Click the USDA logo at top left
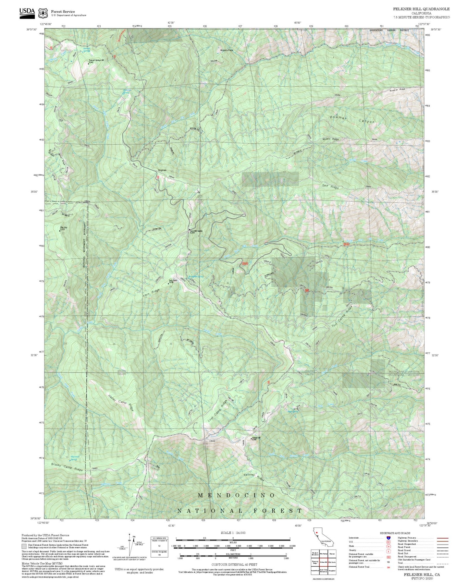(x=27, y=12)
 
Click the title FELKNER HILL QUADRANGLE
(x=421, y=9)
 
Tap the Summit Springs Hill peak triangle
(x=88, y=64)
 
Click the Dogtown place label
(x=162, y=170)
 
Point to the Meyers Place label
(x=227, y=50)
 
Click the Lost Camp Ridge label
(x=218, y=410)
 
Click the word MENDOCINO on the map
(x=237, y=495)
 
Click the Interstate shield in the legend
(x=389, y=538)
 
